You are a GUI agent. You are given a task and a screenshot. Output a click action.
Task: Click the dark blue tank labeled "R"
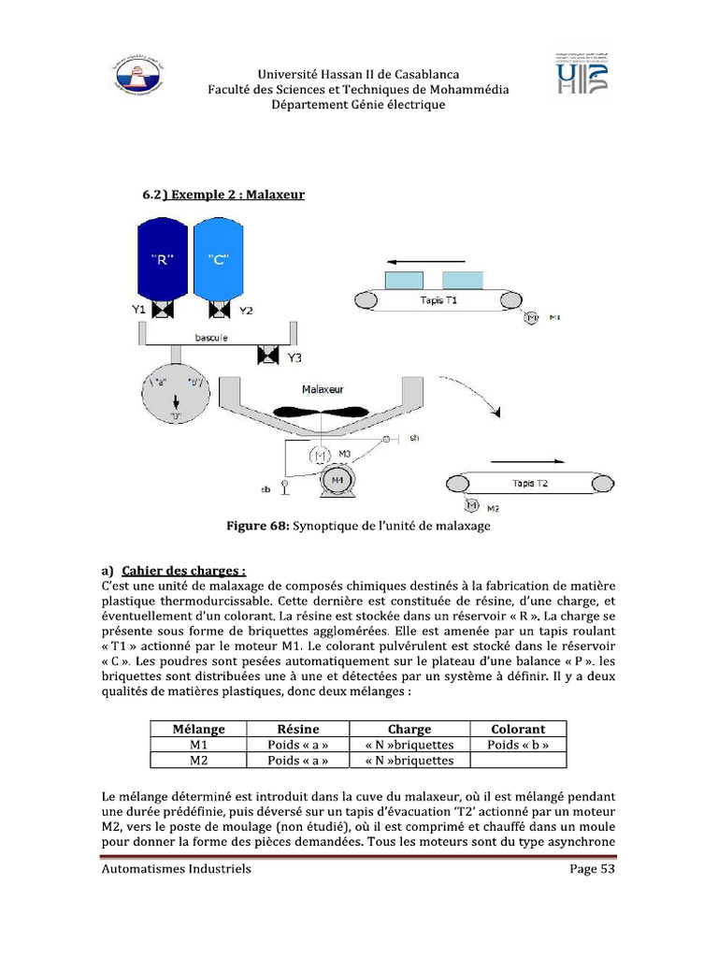163,260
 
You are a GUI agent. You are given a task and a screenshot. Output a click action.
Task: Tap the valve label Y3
294,358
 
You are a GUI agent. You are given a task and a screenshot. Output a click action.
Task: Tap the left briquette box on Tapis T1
404,280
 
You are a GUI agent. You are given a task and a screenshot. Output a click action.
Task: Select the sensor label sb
265,488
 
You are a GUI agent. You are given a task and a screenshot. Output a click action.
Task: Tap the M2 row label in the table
198,761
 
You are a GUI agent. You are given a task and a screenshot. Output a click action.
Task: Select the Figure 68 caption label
258,526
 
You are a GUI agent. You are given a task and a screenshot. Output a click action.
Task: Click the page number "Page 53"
593,868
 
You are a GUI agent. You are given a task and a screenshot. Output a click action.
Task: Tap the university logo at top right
582,72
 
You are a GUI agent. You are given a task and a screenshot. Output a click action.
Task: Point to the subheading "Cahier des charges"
183,570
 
